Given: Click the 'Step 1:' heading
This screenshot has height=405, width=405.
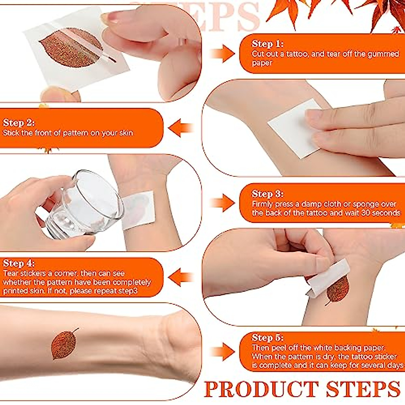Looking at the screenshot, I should [x=267, y=44].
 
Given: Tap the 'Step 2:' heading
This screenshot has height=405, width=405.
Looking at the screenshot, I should [x=19, y=123].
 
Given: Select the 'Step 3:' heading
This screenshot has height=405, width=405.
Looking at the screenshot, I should [x=267, y=194].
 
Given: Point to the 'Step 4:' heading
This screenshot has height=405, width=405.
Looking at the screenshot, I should [x=19, y=264].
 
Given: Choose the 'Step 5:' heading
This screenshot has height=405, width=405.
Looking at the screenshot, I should [x=267, y=338].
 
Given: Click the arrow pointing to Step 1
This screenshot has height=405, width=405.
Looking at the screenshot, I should [x=222, y=54].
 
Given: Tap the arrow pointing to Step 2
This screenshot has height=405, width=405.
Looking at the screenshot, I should [x=181, y=128].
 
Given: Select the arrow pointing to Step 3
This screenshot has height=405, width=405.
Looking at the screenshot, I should [x=222, y=203].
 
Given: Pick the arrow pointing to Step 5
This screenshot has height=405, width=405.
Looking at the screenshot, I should [x=222, y=352].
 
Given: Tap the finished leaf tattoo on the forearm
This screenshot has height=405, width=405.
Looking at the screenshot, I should [x=64, y=344].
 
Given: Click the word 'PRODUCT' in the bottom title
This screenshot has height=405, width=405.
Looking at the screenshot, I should [x=262, y=389].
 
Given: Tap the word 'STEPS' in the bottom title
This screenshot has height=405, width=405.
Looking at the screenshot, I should [x=363, y=389].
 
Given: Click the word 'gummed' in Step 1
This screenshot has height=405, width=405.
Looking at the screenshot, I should [x=381, y=54].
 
